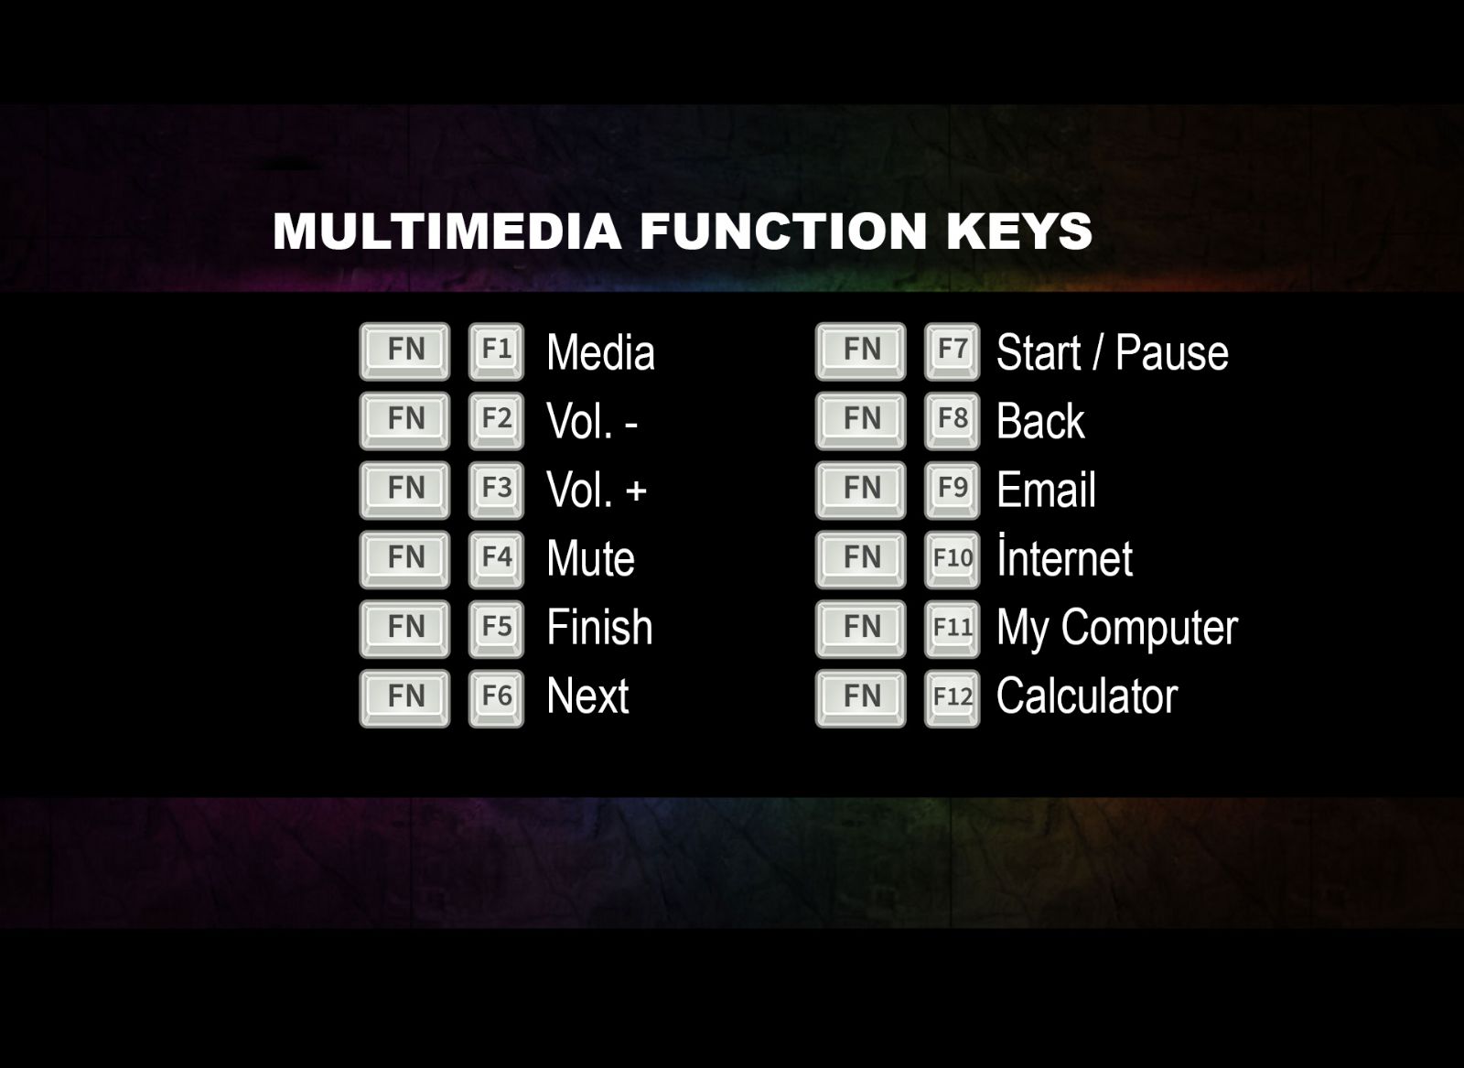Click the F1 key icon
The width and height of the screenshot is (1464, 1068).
click(x=496, y=351)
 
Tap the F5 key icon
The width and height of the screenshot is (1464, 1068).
click(x=496, y=629)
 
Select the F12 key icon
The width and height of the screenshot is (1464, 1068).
click(x=953, y=698)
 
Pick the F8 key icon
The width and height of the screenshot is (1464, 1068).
click(x=953, y=420)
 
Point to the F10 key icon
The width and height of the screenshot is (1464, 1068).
click(x=953, y=559)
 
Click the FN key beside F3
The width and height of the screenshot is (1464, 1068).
click(x=404, y=491)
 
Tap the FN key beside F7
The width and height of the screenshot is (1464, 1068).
click(x=861, y=351)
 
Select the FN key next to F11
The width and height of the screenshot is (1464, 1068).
click(x=861, y=629)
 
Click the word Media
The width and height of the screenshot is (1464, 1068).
click(x=600, y=352)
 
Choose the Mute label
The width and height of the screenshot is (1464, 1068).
click(x=591, y=559)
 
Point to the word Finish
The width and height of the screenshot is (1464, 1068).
click(x=600, y=628)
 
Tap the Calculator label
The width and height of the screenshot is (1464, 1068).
click(x=1087, y=696)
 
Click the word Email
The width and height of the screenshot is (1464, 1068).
click(x=1046, y=490)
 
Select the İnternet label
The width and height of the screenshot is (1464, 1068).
click(x=1065, y=556)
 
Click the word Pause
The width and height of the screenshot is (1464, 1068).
click(x=1172, y=352)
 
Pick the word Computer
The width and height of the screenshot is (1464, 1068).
click(x=1149, y=630)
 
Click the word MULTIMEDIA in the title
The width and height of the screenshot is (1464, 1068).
click(x=447, y=231)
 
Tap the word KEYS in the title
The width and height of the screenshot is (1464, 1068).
click(x=1019, y=231)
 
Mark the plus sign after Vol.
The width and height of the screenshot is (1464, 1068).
click(x=636, y=491)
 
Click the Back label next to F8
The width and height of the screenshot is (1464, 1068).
click(x=1040, y=421)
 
